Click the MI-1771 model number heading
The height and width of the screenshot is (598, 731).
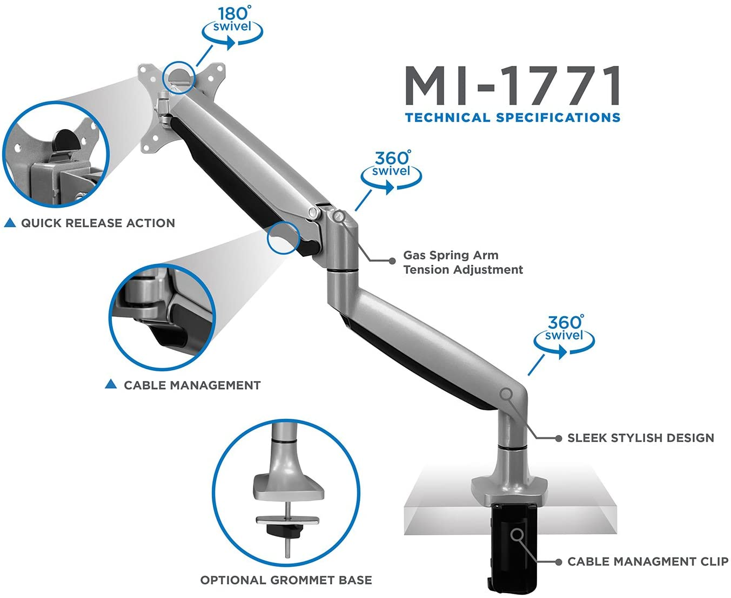click(x=512, y=85)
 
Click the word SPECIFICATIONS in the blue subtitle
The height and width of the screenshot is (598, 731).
click(x=558, y=118)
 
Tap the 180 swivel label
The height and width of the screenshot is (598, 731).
click(x=232, y=19)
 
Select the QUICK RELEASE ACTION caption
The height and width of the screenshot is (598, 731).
click(x=98, y=223)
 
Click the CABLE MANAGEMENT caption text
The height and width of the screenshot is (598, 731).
click(x=192, y=385)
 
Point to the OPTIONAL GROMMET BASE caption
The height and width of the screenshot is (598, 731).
click(x=286, y=580)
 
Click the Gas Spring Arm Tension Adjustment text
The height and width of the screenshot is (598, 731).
click(x=463, y=262)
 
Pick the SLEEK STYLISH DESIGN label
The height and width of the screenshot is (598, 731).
click(x=641, y=438)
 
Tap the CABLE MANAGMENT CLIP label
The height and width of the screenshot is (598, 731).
click(x=648, y=562)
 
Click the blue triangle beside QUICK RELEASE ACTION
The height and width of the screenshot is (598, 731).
click(x=10, y=223)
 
